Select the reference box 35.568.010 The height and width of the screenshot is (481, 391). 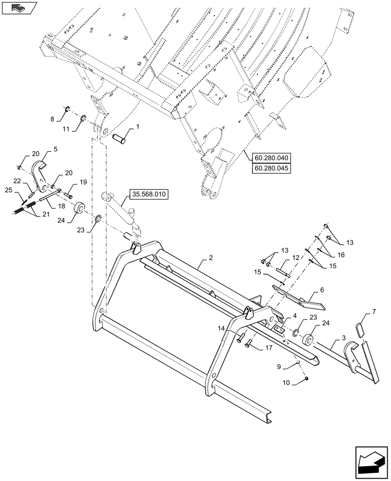[x=147, y=195]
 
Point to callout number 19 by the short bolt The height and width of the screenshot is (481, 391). [x=83, y=182]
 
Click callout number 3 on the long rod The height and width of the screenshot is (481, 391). [x=343, y=339]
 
